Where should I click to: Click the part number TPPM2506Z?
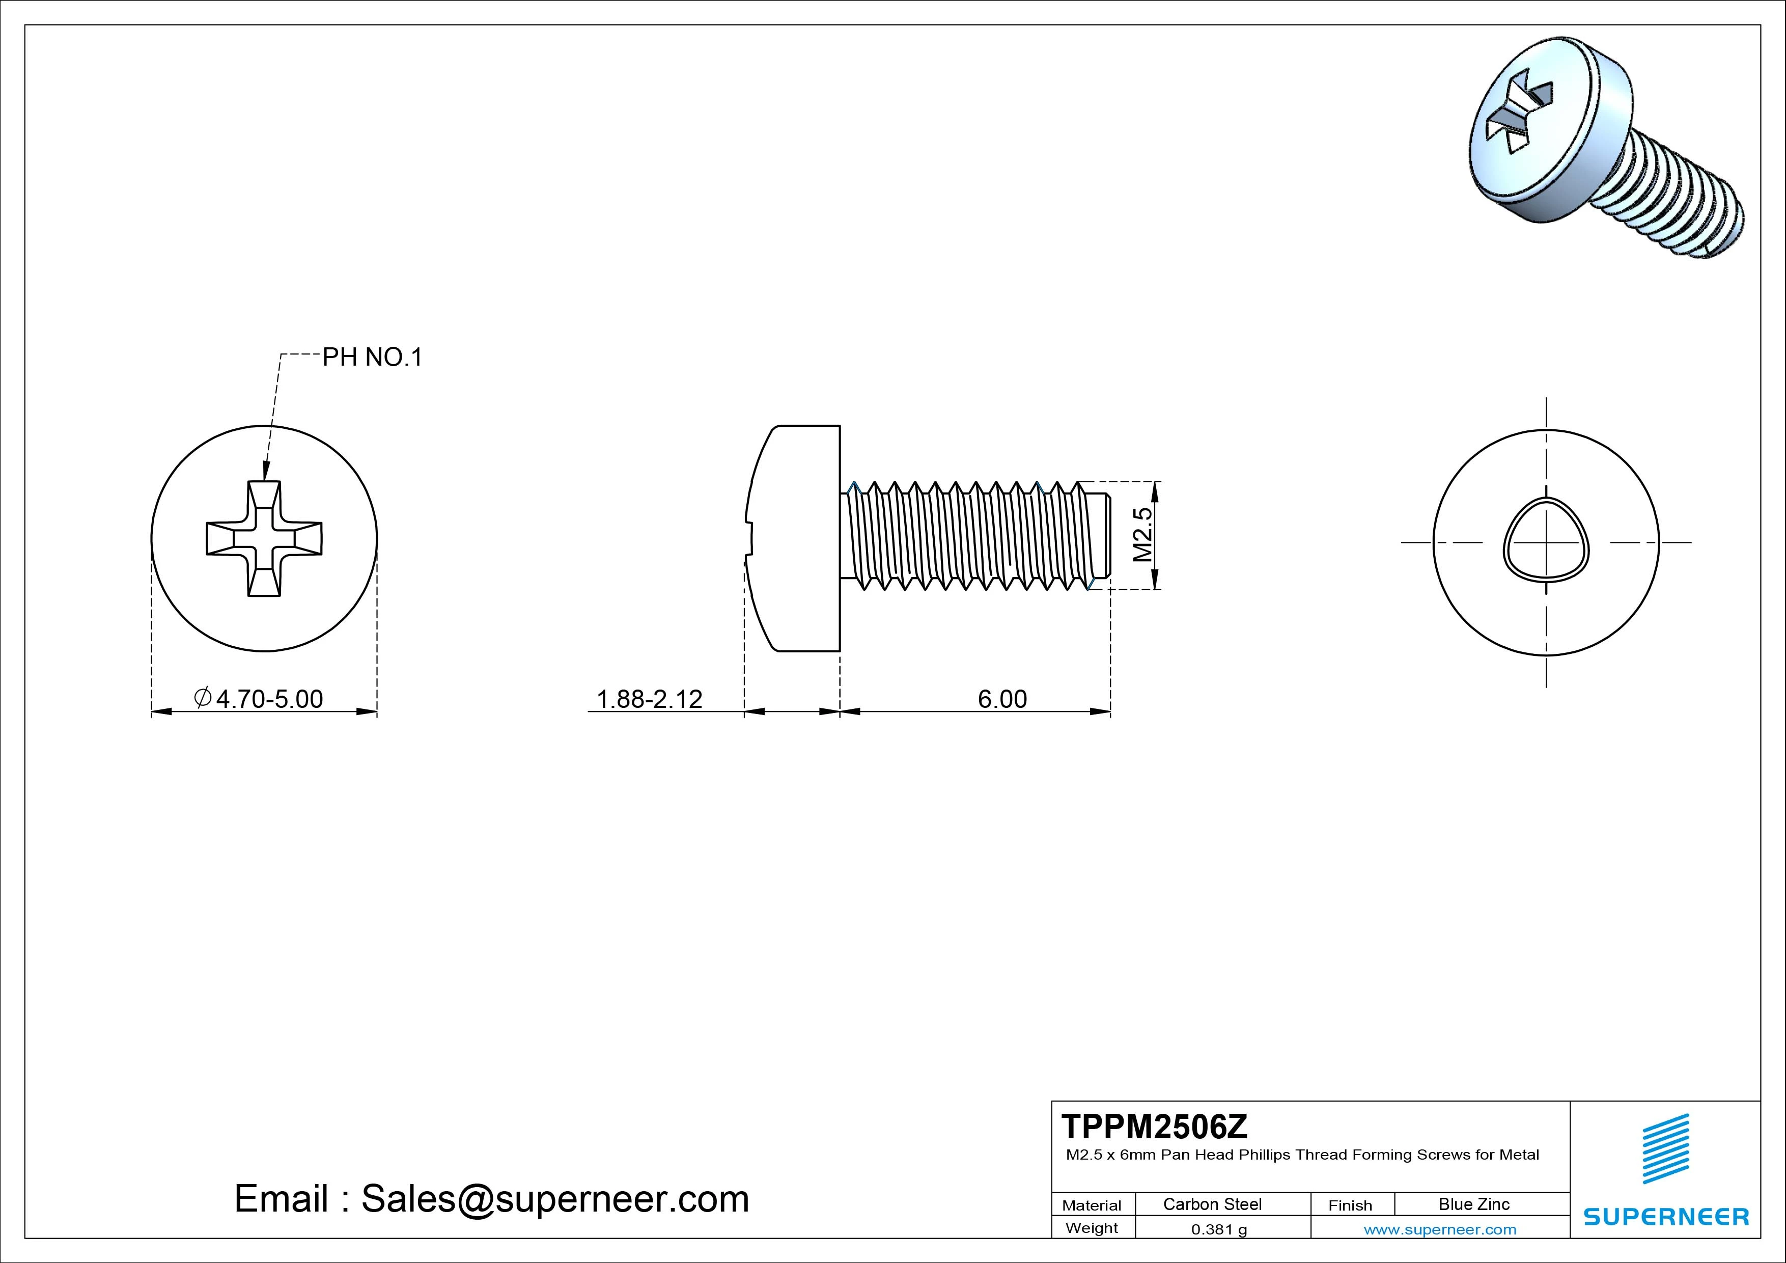coord(1154,1126)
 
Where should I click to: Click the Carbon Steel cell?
coord(1212,1204)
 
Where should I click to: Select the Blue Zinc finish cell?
coord(1474,1204)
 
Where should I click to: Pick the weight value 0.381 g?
coord(1219,1229)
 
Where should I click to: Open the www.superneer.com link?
coord(1440,1229)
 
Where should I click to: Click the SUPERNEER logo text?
coord(1666,1216)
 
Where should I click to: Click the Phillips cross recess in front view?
coord(264,538)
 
